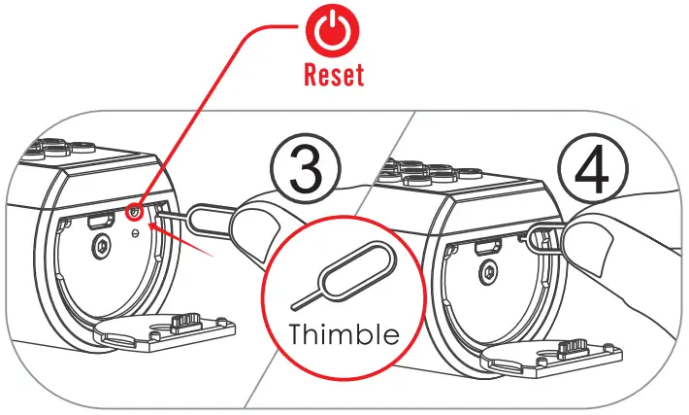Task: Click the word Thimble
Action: [343, 334]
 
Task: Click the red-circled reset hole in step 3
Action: [135, 210]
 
